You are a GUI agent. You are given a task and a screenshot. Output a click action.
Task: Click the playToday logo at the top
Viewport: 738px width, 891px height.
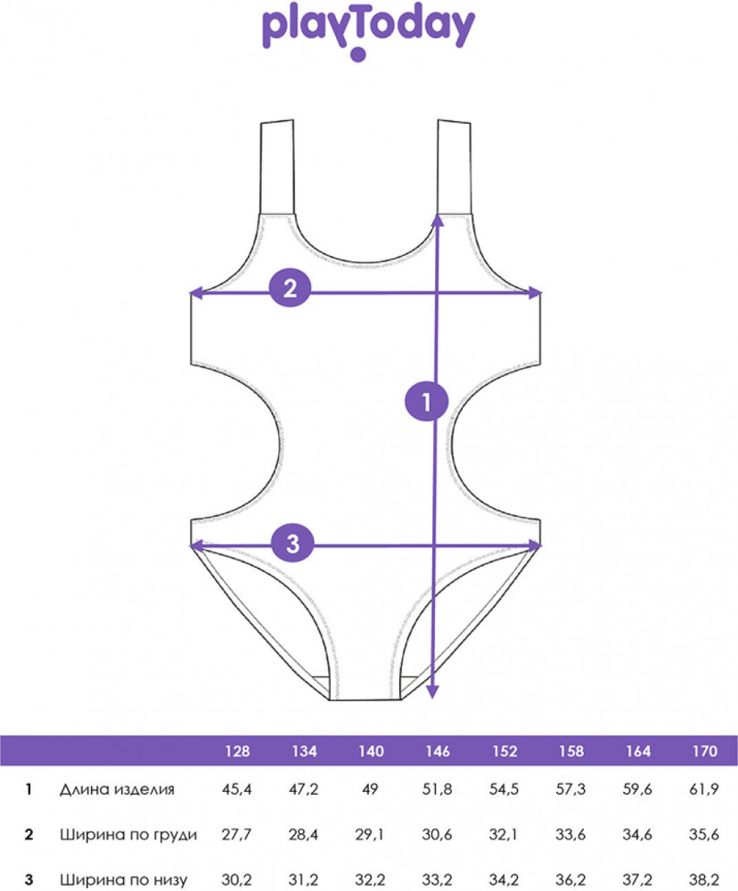(x=368, y=32)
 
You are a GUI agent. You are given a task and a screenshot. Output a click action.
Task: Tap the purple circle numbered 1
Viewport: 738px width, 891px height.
(x=426, y=402)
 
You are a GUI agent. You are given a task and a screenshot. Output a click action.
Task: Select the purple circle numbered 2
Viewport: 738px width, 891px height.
(x=290, y=288)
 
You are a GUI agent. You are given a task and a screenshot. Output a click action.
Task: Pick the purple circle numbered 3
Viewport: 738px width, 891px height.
(x=293, y=544)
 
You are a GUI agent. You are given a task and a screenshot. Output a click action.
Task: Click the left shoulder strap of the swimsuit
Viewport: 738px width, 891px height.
(x=277, y=168)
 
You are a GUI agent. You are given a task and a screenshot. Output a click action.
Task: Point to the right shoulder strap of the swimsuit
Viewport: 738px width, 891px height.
(x=455, y=168)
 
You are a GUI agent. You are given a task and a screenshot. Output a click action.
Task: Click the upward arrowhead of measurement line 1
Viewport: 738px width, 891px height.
(x=438, y=220)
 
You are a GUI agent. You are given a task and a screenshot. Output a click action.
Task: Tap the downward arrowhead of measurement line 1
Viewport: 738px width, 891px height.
(x=432, y=691)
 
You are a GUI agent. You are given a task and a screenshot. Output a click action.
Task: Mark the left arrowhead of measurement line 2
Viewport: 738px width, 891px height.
(x=195, y=293)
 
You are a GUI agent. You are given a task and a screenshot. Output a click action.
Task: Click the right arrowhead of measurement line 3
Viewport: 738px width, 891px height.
(x=535, y=546)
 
